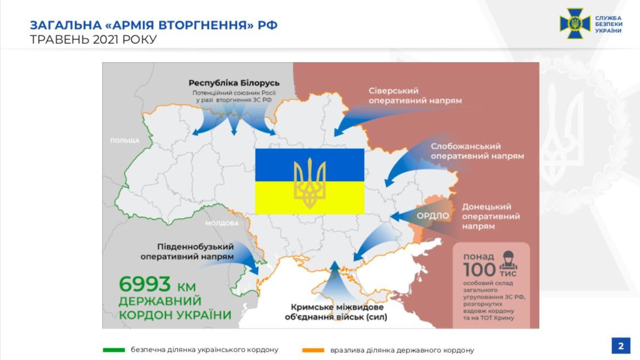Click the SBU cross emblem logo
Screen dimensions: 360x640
pos(575,24)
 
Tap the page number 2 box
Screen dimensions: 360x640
pos(621,346)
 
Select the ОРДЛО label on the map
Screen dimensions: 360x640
pos(433,216)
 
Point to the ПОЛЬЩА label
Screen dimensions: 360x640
pos(124,140)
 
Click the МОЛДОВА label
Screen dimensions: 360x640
pos(222,223)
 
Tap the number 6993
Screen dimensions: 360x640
pos(145,285)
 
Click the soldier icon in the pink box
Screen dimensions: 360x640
pos(508,258)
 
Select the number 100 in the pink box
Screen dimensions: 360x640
pos(479,270)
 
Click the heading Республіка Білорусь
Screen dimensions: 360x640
pos(234,83)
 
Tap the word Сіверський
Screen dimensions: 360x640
pos(393,91)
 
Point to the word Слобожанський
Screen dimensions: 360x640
pos(466,146)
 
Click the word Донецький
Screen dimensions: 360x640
pos(486,206)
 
